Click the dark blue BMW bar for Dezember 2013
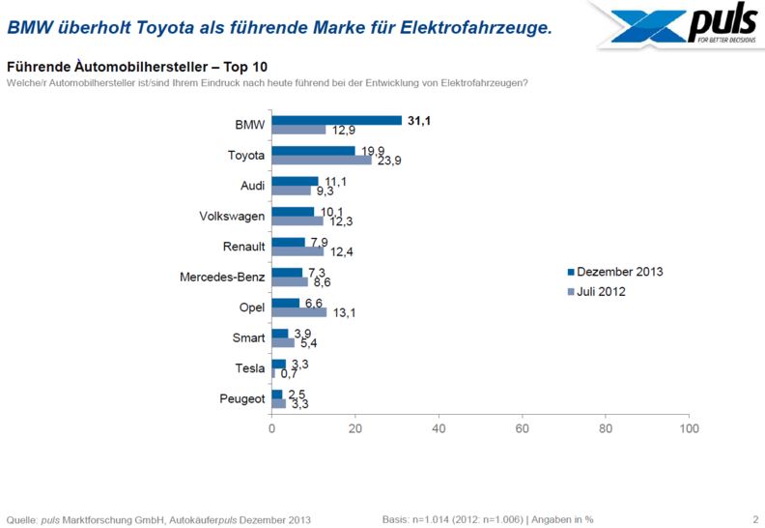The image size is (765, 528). tap(336, 120)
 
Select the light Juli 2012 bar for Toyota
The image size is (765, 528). tap(321, 160)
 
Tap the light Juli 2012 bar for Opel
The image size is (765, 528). tap(299, 312)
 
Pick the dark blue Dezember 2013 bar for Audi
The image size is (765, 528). tap(295, 181)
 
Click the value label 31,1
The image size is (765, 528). tap(419, 119)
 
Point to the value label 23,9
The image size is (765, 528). tap(388, 161)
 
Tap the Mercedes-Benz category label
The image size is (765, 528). tap(222, 277)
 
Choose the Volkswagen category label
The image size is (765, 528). tap(231, 216)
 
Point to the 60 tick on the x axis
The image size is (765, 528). tap(523, 427)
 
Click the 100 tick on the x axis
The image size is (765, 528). tap(689, 427)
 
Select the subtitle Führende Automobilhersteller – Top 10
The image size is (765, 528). tap(137, 68)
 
